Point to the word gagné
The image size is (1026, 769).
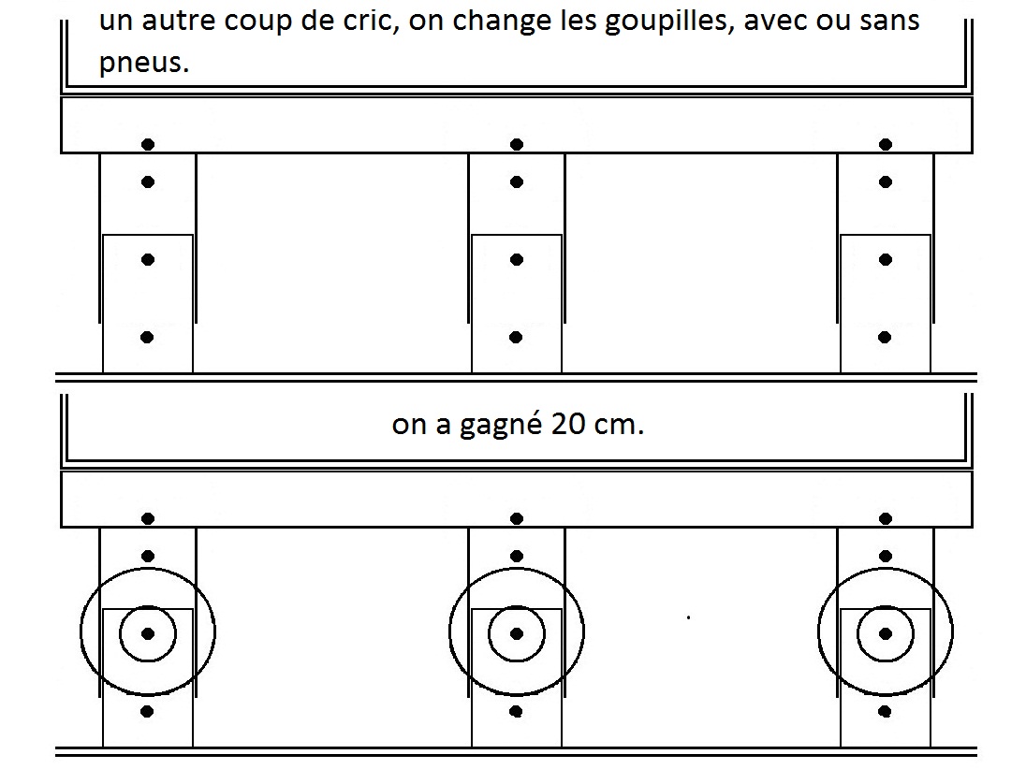[x=501, y=426]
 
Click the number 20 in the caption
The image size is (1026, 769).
[x=568, y=425]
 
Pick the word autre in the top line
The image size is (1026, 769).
[x=180, y=21]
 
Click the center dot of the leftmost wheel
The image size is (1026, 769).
[x=148, y=633]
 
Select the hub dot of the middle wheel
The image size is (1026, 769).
[x=517, y=633]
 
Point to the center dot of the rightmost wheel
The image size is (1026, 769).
[x=886, y=633]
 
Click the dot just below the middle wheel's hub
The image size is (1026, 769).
[x=516, y=711]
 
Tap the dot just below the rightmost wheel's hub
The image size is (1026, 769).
[x=886, y=711]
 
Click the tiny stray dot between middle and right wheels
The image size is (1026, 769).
[x=688, y=617]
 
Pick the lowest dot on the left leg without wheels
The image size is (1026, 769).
[x=147, y=338]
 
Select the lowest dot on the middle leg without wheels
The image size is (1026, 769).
[x=516, y=338]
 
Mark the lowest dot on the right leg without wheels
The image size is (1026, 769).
[x=886, y=338]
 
